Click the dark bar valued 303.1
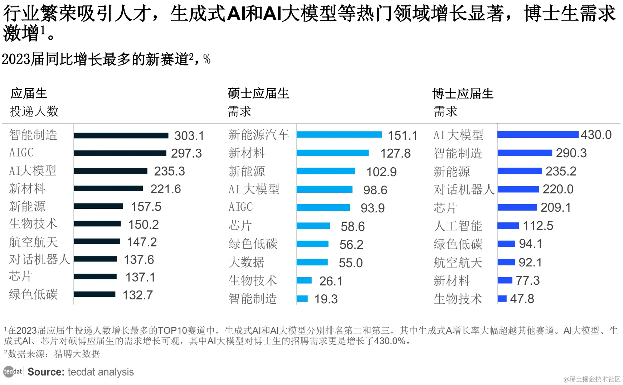point(121,135)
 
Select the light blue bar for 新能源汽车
point(339,135)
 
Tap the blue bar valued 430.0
point(537,135)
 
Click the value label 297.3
point(186,153)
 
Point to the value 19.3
point(326,299)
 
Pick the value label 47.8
point(522,299)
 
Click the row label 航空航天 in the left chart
point(33,242)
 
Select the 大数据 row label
point(247,263)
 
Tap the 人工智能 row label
point(458,226)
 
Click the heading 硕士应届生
point(258,93)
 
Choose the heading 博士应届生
point(463,94)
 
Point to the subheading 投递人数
point(34,111)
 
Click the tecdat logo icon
point(13,372)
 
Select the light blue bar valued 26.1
point(304,280)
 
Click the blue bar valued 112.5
point(508,226)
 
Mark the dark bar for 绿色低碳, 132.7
point(94,294)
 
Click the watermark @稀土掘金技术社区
point(592,379)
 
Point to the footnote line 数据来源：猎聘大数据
point(54,354)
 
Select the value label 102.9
point(381,172)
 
